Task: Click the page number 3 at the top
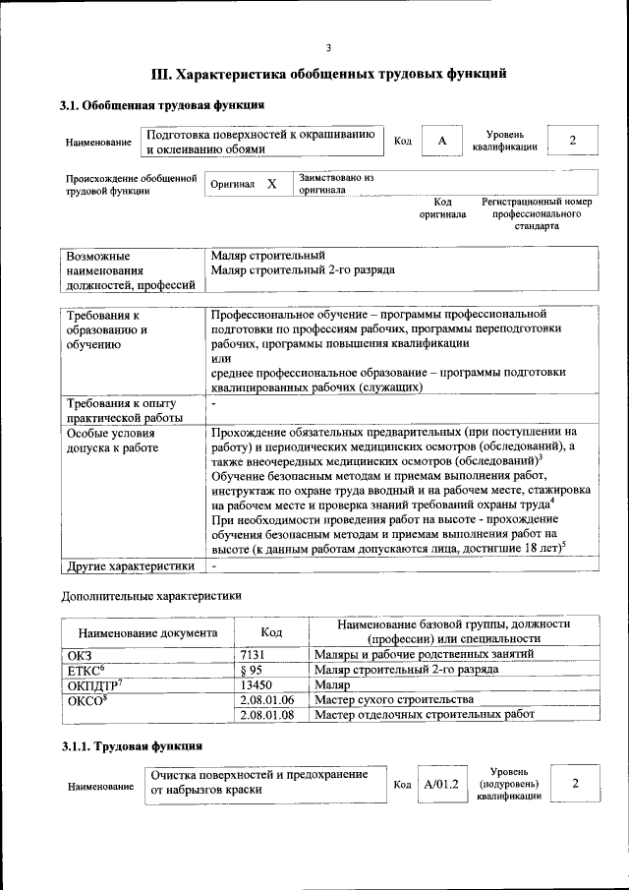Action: [x=329, y=46]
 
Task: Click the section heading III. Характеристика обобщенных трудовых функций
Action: [x=329, y=74]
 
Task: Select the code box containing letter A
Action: [x=442, y=141]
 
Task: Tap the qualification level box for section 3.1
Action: [x=572, y=141]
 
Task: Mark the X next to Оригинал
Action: [x=272, y=184]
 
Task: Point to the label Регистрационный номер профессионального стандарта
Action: [x=536, y=213]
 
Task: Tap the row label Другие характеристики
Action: [x=130, y=566]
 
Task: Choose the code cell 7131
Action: [x=255, y=654]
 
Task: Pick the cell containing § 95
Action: [x=252, y=669]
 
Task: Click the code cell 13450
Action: [x=257, y=684]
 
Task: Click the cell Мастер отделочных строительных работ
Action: [x=425, y=715]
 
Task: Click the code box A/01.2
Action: [x=441, y=785]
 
